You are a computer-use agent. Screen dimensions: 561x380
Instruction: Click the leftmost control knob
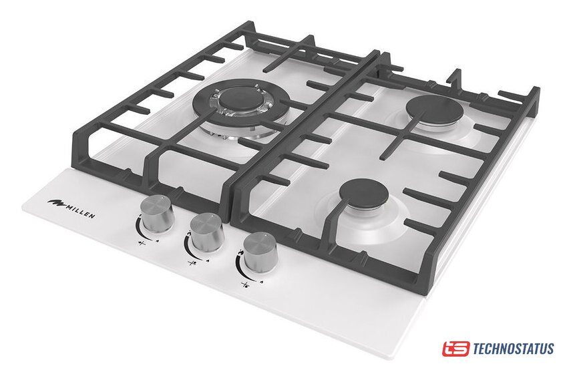pos(156,212)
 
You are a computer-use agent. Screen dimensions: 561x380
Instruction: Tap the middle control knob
pos(207,232)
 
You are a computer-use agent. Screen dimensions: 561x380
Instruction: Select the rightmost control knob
pos(260,252)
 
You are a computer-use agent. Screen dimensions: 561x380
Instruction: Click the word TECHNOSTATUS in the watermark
pos(514,349)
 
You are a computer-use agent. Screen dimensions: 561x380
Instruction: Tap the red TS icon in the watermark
pos(455,349)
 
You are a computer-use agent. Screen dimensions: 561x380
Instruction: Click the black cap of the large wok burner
pos(240,97)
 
